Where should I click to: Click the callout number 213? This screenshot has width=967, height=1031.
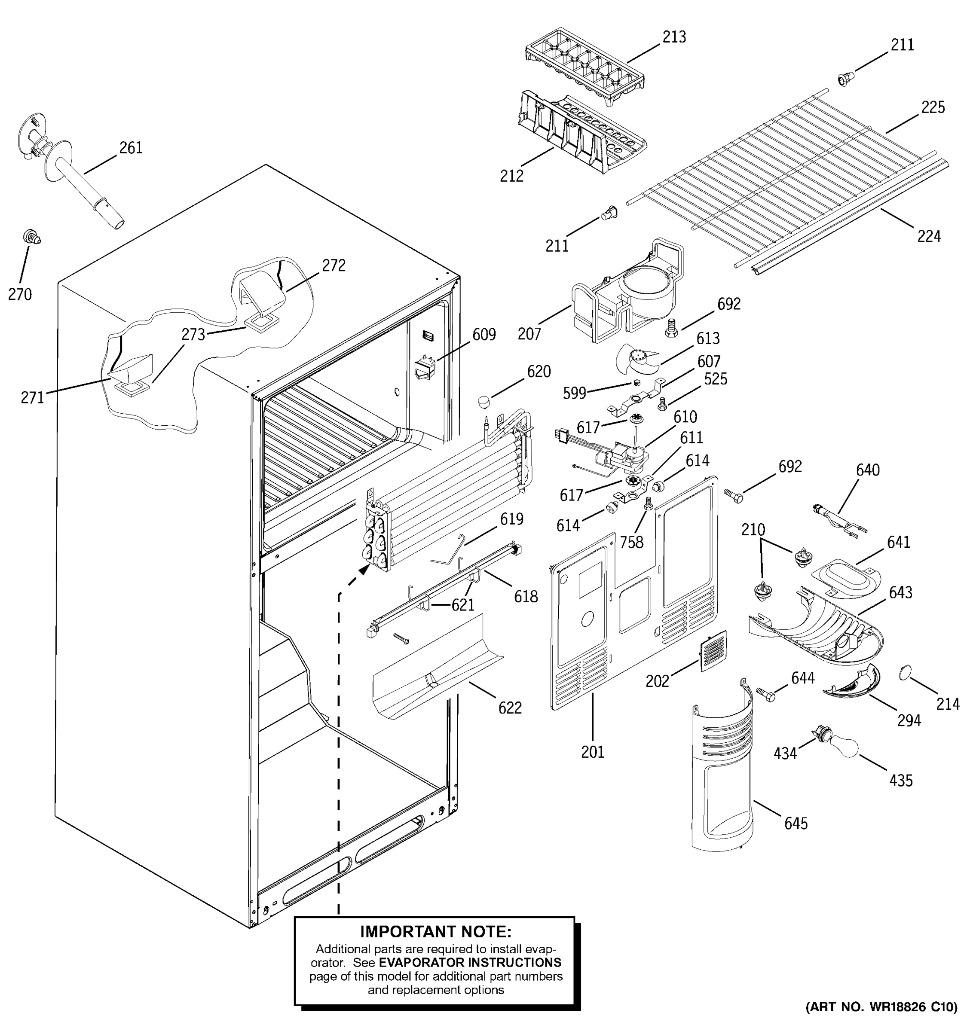[x=674, y=37]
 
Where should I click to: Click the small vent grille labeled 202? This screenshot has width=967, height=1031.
[x=713, y=650]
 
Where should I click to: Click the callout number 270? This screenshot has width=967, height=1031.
[x=20, y=294]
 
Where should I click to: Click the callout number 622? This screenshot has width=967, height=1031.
[x=509, y=708]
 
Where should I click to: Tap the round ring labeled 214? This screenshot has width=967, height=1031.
[x=905, y=673]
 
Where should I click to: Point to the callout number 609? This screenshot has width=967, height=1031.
[x=483, y=335]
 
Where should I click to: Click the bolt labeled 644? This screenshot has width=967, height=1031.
[x=765, y=694]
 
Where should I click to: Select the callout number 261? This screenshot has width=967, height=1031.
[x=131, y=148]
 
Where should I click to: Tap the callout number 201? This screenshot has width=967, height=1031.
[x=592, y=751]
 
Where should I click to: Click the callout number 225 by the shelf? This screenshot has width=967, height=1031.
[x=933, y=107]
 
